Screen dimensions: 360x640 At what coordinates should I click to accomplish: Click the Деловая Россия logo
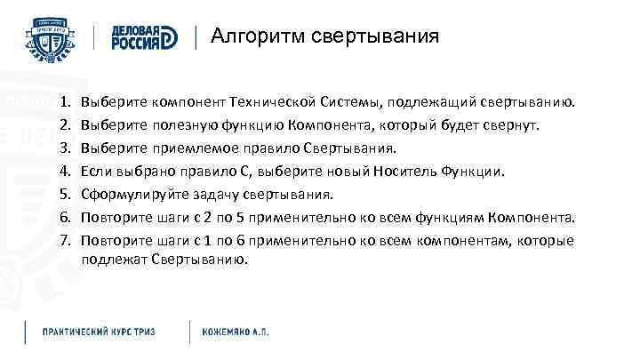146,37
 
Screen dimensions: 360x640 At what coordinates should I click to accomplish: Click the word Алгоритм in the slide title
251,36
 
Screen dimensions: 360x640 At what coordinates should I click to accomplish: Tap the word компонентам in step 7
476,241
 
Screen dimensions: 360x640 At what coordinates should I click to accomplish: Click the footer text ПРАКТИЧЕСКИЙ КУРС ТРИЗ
100,331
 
